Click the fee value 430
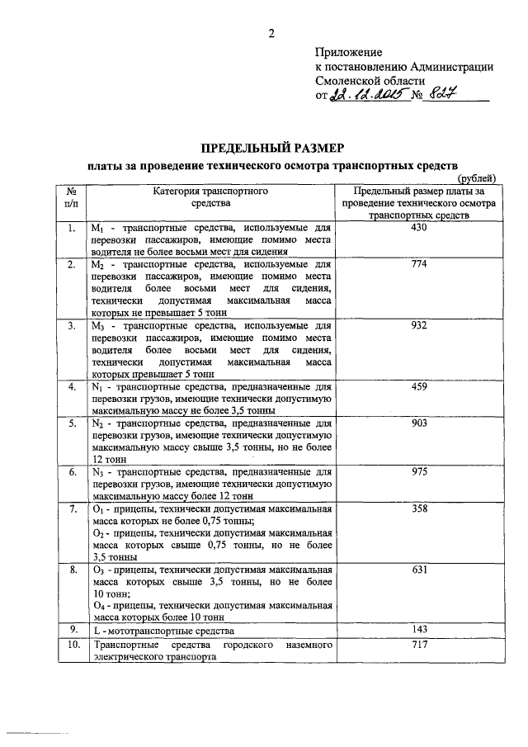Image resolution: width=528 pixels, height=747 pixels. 418,227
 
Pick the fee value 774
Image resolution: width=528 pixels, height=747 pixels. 418,265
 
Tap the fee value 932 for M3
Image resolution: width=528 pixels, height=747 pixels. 418,326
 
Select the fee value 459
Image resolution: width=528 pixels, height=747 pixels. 418,386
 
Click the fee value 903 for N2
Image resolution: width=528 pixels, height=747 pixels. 418,423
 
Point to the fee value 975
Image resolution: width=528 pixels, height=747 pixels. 418,472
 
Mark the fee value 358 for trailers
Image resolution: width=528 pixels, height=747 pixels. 418,509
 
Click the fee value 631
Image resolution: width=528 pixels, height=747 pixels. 418,570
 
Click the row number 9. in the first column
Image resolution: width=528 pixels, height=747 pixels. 73,631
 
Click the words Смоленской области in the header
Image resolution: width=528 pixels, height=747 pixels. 370,81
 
